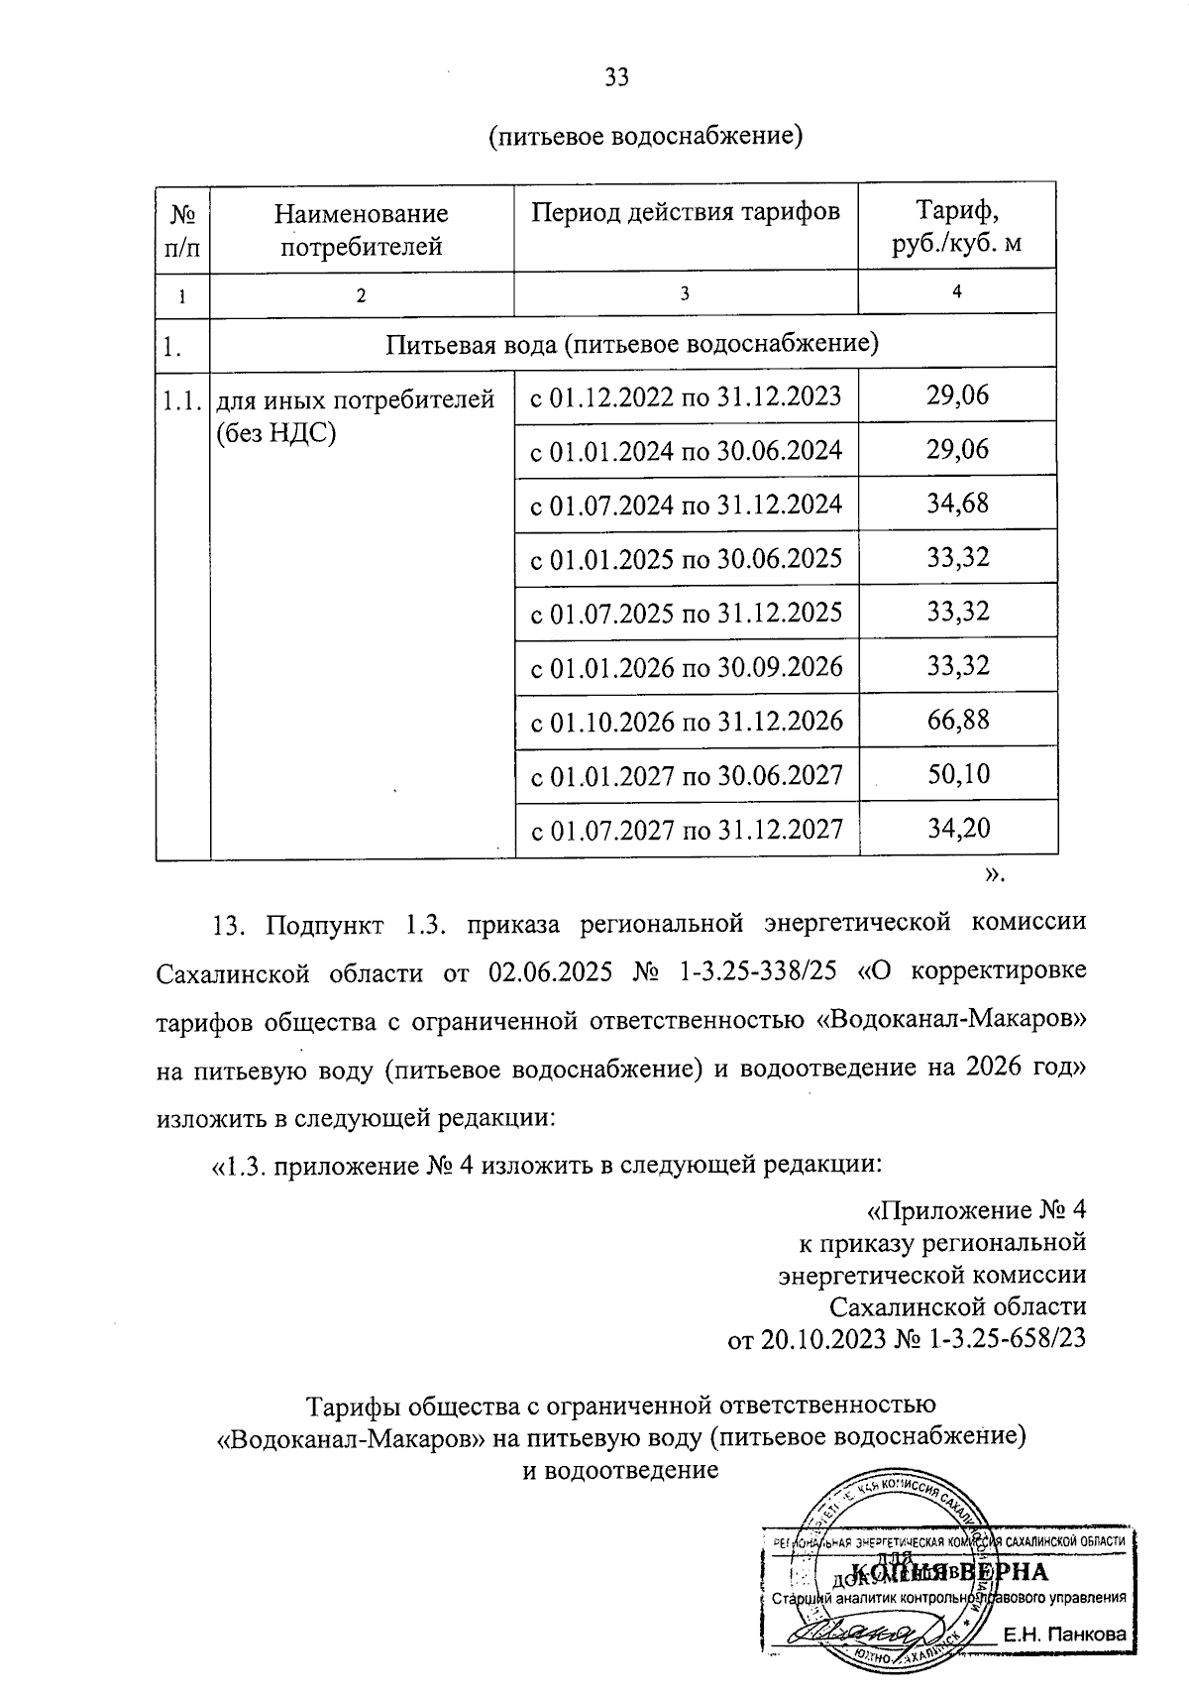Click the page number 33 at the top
coord(616,78)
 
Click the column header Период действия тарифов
coord(685,212)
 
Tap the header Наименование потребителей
coord(362,228)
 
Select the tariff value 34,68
coord(957,504)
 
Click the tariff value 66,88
coord(957,720)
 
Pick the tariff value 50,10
coord(957,774)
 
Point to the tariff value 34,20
coord(957,828)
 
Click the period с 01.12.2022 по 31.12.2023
coord(686,397)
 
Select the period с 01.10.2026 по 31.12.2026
coord(686,721)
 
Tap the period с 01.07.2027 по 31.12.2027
coord(686,829)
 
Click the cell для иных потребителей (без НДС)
coord(355,415)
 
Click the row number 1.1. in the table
coord(182,400)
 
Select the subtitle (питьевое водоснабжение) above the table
coord(645,136)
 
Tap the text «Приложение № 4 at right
coord(977,1210)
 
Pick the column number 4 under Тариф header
coord(956,290)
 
